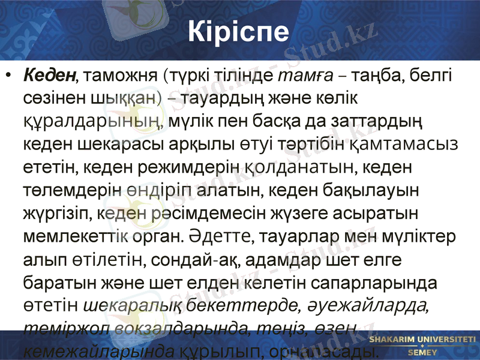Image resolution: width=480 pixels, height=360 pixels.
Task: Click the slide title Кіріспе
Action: tap(239, 31)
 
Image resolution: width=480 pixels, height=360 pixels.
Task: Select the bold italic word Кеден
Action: tap(50, 76)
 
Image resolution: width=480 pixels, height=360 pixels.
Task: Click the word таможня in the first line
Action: tap(121, 76)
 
